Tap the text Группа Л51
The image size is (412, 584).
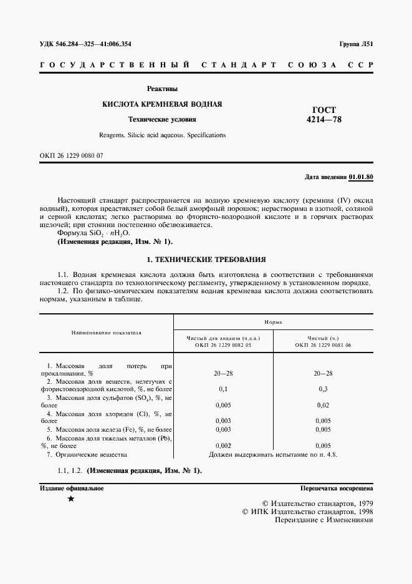(356, 44)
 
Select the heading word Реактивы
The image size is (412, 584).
(162, 89)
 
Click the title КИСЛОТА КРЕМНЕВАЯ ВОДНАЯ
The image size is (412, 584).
(162, 104)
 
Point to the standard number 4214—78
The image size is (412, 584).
(323, 119)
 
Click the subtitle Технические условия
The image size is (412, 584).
(162, 119)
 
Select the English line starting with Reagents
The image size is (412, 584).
(162, 135)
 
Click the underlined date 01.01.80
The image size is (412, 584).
(361, 177)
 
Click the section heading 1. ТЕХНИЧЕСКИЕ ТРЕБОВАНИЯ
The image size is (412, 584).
(206, 258)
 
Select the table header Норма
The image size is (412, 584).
(272, 322)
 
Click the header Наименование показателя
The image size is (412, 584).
(106, 333)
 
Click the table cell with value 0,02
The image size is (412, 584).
(323, 405)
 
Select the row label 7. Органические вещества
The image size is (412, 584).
(87, 454)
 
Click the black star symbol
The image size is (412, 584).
(70, 499)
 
